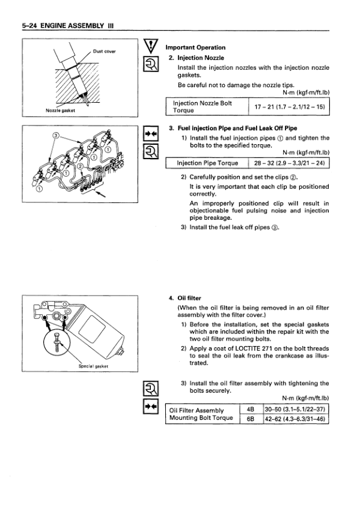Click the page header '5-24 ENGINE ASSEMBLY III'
pos(68,26)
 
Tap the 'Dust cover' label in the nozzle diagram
pos(104,51)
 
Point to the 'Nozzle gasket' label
pos(61,111)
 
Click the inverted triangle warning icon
pos(151,46)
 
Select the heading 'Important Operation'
pos(195,47)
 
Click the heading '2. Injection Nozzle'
pos(197,58)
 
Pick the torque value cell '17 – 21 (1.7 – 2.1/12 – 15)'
pos(290,107)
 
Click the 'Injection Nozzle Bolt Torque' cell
pos(207,107)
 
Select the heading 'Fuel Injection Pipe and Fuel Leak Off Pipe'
pos(237,128)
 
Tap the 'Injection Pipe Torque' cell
pos(207,163)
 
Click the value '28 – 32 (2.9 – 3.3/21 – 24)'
pos(289,163)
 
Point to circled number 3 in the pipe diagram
pos(55,136)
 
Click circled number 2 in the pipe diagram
pos(80,166)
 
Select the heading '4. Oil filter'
pos(185,298)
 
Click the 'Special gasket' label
pos(94,366)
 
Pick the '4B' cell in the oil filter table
pos(251,409)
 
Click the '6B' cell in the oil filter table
pos(251,419)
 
